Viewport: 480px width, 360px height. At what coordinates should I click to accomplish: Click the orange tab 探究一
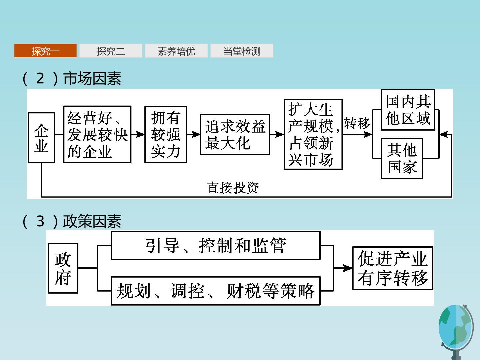(45, 51)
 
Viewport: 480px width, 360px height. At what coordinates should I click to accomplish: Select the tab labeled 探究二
(111, 51)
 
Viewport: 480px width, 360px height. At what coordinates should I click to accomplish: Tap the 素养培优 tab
(176, 51)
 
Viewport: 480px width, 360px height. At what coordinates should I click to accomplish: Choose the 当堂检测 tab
(242, 51)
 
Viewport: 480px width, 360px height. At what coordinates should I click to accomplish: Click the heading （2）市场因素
(72, 78)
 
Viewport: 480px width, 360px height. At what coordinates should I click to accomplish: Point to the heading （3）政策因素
(72, 221)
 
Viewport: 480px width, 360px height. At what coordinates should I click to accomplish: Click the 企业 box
(42, 137)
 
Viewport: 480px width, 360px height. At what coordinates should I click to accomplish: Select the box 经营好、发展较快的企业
(97, 134)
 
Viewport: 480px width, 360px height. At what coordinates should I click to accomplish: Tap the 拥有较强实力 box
(166, 134)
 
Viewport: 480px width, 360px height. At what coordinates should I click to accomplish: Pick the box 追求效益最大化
(235, 134)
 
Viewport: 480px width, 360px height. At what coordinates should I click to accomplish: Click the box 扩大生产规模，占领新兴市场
(313, 134)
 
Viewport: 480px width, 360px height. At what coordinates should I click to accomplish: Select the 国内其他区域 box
(408, 110)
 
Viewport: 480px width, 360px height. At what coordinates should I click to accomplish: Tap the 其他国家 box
(402, 158)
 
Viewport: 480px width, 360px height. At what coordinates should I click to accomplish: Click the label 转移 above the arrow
(357, 123)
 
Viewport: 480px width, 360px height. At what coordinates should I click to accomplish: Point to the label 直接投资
(232, 188)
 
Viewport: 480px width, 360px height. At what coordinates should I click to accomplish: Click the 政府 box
(63, 268)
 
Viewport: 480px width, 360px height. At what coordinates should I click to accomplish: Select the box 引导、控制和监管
(216, 245)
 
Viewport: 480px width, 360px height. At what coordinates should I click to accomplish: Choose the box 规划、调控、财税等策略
(216, 291)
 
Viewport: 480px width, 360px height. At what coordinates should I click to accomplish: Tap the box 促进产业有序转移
(393, 268)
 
